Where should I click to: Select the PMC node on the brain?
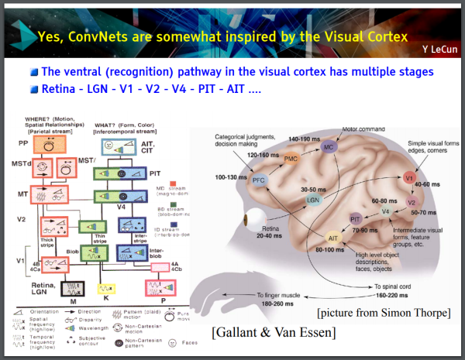tap(291, 159)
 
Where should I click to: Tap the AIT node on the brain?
tap(332, 238)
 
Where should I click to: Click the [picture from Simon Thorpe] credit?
tap(383, 313)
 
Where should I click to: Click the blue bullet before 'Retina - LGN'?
tap(34, 88)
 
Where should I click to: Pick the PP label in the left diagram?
tap(23, 144)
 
